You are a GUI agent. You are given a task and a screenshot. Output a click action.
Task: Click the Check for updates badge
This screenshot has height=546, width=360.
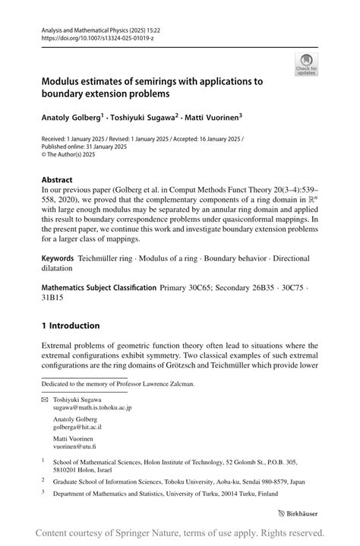point(306,65)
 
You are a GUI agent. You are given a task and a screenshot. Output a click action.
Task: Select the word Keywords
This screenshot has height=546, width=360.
point(62,259)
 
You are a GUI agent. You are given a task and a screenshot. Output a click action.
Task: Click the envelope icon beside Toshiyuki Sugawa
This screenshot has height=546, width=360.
point(44,399)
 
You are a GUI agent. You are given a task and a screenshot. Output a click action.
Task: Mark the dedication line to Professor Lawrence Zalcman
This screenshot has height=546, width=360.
point(118,384)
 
